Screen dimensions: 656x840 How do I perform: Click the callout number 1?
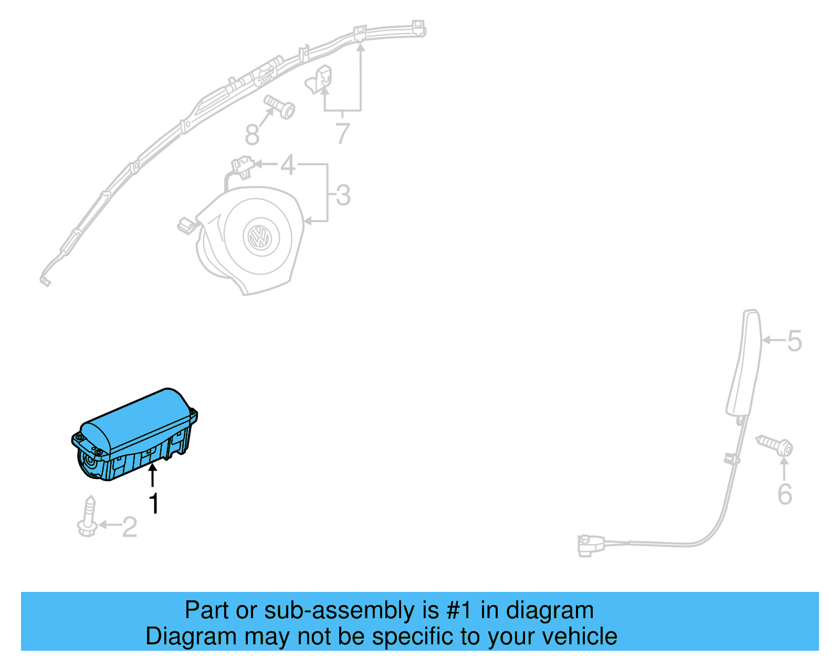coord(153,504)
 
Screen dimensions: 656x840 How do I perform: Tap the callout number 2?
coord(129,527)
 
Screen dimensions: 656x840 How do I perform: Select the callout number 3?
coord(343,195)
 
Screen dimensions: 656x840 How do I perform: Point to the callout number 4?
coord(288,165)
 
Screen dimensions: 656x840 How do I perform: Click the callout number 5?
coord(794,341)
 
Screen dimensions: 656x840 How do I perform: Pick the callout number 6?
coord(784,494)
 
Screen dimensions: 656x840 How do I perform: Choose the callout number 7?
coord(342,133)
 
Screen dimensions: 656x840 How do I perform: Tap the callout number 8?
coord(253,135)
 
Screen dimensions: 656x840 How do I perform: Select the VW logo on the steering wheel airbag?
coord(258,237)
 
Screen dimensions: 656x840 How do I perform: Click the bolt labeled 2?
coord(88,517)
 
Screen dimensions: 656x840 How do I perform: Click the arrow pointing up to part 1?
coord(153,475)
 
